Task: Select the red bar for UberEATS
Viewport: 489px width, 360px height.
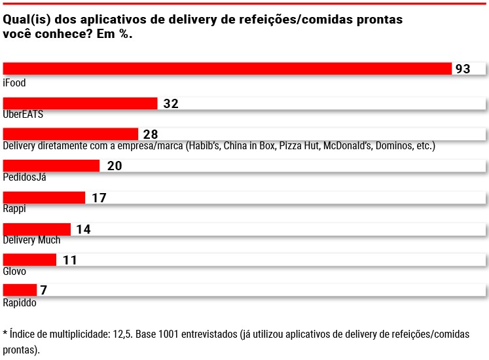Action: (x=81, y=103)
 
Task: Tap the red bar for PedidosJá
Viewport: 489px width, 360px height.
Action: (x=52, y=166)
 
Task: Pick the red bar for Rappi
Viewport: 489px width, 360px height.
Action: (x=45, y=198)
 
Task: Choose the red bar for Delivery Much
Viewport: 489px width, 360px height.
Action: (x=37, y=229)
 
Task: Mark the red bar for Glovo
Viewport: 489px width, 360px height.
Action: (x=30, y=260)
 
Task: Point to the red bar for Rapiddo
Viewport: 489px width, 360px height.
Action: (x=20, y=290)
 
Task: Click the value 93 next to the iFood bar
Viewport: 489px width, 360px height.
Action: (x=463, y=69)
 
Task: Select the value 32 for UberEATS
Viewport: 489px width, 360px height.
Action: (x=171, y=103)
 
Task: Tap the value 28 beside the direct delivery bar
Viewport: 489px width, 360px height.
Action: (x=151, y=135)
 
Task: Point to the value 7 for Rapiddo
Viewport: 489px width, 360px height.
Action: (x=44, y=290)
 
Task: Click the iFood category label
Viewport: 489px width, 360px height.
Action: (x=14, y=83)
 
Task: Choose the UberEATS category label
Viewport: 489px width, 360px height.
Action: (x=23, y=114)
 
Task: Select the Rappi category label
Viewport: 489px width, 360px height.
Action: (x=14, y=209)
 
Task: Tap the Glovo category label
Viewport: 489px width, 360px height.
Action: (x=15, y=271)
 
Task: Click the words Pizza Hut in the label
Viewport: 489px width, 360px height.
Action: (x=299, y=145)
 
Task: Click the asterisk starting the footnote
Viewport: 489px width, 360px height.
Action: (x=5, y=333)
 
